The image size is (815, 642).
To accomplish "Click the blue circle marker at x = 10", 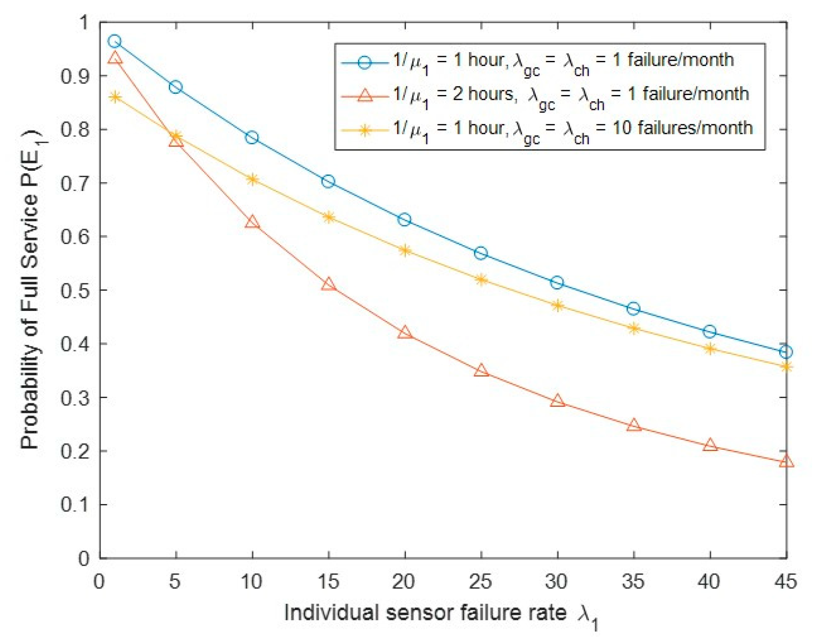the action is [x=252, y=138].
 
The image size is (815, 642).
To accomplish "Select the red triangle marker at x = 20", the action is [x=405, y=332].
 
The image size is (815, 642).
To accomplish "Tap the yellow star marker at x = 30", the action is [x=557, y=305].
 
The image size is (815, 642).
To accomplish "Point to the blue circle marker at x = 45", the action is [x=786, y=352].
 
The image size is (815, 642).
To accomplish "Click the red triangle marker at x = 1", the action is [x=115, y=57].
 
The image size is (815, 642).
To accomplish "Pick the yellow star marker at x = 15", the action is [x=329, y=217].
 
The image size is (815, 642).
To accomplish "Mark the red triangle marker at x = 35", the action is [x=634, y=425].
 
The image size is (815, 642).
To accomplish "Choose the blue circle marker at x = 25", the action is [x=481, y=253].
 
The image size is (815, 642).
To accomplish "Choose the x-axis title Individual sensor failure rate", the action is [x=425, y=612].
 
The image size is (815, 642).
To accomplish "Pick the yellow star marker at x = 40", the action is [x=710, y=349].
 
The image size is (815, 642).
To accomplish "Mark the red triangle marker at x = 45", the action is [x=786, y=461].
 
